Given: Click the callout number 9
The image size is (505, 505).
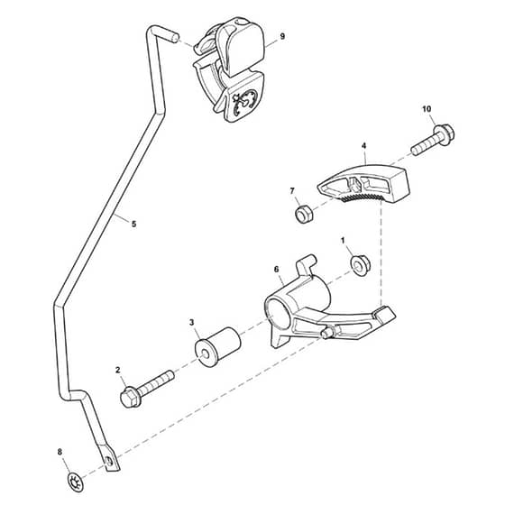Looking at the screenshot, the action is (282, 36).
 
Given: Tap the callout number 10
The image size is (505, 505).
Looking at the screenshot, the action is (427, 109).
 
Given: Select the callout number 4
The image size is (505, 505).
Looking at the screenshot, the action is (364, 146).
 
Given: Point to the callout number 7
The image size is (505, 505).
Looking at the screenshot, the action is (292, 191).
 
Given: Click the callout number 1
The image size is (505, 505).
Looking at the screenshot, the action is (343, 241).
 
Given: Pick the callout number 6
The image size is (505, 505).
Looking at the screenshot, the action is (276, 270).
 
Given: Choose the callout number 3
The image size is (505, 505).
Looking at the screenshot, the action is (191, 323).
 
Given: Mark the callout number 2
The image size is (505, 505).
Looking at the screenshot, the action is (117, 370).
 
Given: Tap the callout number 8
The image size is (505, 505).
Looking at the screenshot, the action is (60, 452).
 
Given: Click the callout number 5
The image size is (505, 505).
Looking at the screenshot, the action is (134, 224).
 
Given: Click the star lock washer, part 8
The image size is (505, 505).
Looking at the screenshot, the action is (76, 482).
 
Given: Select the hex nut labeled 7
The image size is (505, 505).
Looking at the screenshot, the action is (305, 215).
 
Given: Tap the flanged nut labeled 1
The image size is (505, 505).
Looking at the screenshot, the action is (360, 265).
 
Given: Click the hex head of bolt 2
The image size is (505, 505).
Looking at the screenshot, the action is (129, 397).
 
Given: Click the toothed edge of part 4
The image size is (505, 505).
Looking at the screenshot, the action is (361, 197).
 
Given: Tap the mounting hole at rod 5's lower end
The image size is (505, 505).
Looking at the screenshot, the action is (109, 461).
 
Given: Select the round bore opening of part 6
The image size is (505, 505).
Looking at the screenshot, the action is (279, 313).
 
